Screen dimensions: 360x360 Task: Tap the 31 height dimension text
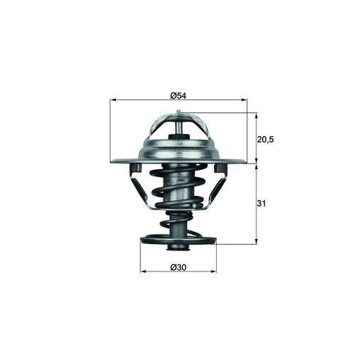pos(262,204)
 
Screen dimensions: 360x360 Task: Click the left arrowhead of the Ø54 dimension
pos(113,101)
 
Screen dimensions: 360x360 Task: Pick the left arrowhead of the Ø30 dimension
pos(142,272)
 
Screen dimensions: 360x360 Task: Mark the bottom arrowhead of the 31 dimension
pos(257,241)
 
